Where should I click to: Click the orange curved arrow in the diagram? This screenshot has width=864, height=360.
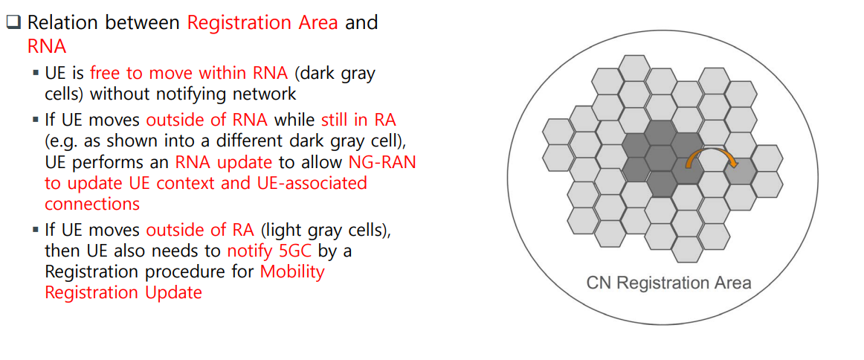(711, 150)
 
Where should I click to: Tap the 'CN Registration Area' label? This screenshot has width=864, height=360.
(668, 283)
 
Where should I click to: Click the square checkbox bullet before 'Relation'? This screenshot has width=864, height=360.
(13, 23)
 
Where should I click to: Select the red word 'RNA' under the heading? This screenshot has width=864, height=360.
(47, 46)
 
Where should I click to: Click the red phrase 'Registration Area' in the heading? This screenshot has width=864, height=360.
(262, 23)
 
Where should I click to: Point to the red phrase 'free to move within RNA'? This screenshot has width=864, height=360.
(189, 74)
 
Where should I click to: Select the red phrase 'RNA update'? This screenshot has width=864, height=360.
(225, 163)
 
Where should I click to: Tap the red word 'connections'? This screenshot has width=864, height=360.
(92, 204)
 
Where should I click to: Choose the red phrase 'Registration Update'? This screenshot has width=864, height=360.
(123, 292)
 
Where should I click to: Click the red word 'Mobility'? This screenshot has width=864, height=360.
(293, 271)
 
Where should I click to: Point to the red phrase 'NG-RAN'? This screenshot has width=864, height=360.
(382, 163)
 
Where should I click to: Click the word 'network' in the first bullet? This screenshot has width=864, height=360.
(261, 94)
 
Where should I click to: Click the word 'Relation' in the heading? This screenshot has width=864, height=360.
(62, 23)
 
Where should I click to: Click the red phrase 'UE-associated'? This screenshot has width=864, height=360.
(314, 183)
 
